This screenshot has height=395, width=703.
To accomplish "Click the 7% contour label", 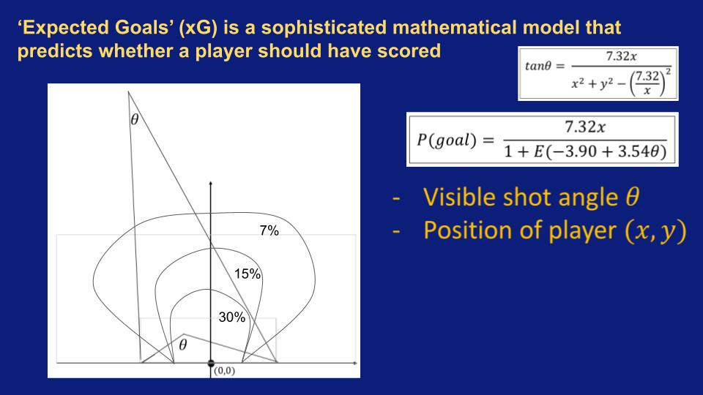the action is point(269,230).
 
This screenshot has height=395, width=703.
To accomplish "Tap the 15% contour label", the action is point(247,274).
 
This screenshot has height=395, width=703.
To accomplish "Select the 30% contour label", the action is point(232,317).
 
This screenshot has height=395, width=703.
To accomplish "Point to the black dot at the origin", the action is point(211,364).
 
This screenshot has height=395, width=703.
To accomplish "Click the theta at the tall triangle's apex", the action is point(135,119).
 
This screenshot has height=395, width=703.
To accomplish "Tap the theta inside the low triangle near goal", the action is point(183,345).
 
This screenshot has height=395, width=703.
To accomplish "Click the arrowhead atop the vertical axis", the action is point(211,183).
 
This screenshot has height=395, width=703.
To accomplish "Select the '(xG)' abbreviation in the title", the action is point(198,28).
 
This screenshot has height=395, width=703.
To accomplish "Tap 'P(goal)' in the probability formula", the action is point(447,140).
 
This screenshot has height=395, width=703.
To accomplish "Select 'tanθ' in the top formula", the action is point(538,67).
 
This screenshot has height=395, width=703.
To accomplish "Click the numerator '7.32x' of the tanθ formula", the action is point(622,56).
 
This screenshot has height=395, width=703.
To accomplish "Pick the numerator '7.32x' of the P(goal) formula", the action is point(585,127).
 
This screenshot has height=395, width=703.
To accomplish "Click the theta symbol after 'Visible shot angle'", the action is point(632,197).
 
